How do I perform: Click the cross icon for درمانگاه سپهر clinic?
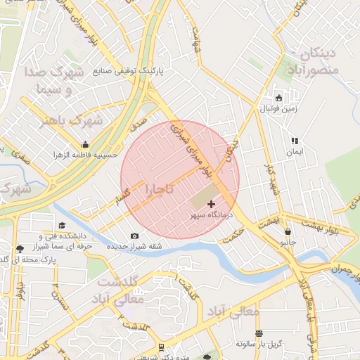tap(211, 203)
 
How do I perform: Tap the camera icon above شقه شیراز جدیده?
tap(134, 236)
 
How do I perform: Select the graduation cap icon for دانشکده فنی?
tap(62, 225)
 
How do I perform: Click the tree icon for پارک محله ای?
tap(19, 249)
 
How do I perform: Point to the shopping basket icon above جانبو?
tap(287, 231)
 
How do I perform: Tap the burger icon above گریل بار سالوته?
tap(259, 333)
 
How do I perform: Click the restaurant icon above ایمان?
tap(294, 141)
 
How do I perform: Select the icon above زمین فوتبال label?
tap(279, 98)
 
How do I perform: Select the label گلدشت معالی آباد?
tap(120, 290)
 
